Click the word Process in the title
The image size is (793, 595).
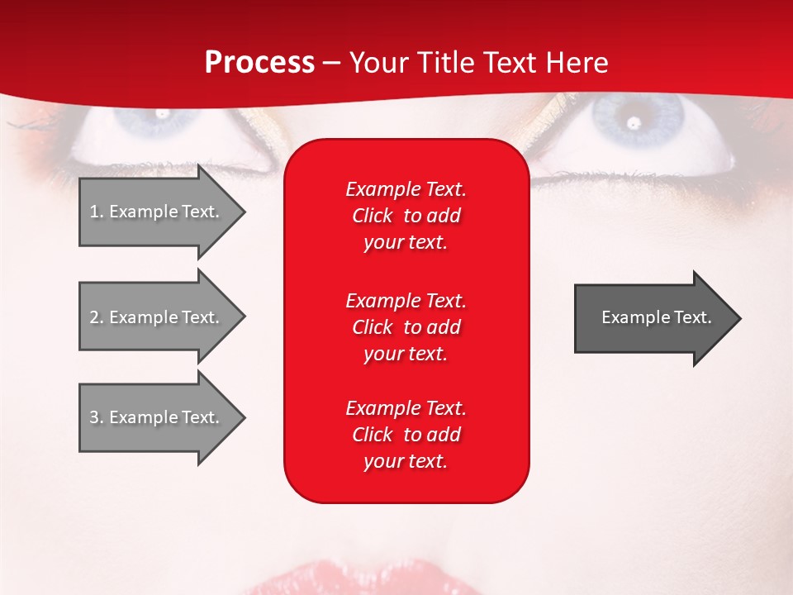point(259,63)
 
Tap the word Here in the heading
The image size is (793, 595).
point(577,63)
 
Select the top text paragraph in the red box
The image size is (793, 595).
point(406,216)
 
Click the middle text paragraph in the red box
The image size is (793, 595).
point(406,326)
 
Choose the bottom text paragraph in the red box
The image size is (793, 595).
point(406,435)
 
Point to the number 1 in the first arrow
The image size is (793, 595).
point(94,212)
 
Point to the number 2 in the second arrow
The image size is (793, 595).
point(94,317)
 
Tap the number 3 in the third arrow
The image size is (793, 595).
point(94,417)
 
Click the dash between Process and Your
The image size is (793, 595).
point(331,63)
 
